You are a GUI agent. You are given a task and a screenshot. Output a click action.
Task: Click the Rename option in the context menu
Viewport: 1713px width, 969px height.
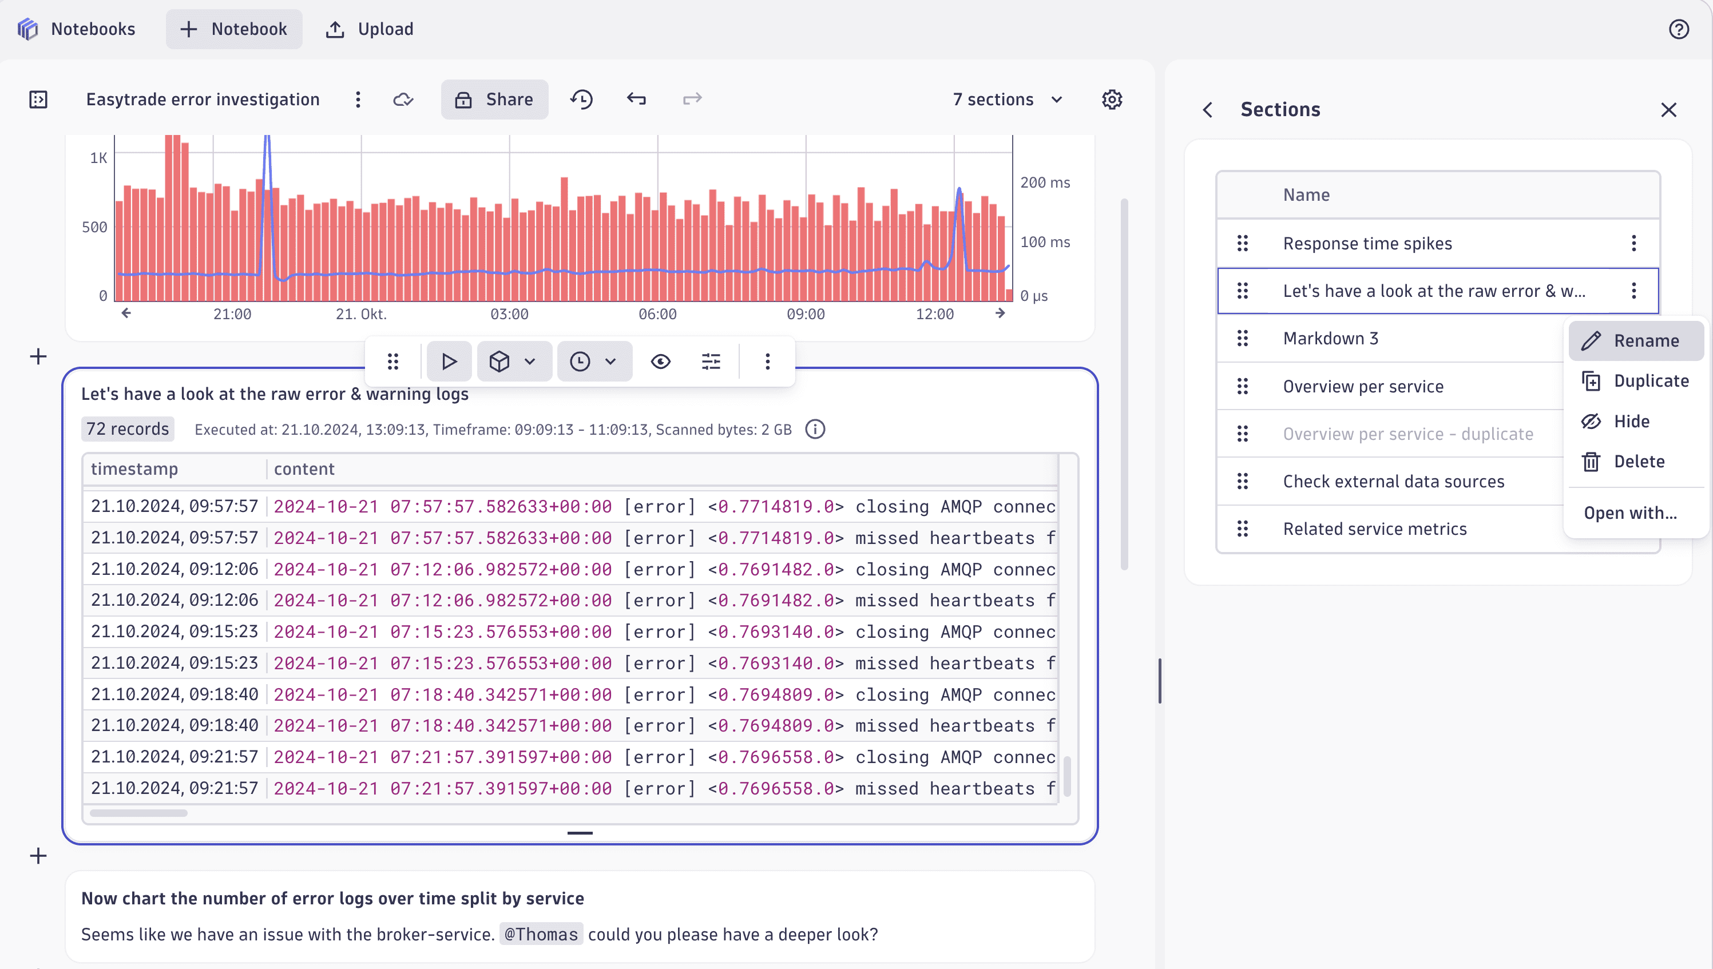click(x=1636, y=341)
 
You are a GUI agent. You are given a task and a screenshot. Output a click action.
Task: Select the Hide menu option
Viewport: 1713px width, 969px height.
click(x=1631, y=421)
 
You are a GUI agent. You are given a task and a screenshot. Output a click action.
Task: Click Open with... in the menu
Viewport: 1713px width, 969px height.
click(x=1630, y=513)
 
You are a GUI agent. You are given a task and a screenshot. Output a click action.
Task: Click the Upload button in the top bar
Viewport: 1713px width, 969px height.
click(x=370, y=29)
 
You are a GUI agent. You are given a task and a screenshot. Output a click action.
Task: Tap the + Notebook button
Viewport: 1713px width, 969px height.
click(x=234, y=29)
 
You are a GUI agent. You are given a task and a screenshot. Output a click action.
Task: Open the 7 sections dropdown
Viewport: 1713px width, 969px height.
click(x=1008, y=100)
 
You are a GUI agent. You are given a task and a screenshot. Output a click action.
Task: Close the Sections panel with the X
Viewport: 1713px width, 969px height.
click(x=1668, y=110)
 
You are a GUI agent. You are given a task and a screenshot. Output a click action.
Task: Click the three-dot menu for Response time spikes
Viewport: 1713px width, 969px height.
click(x=1634, y=244)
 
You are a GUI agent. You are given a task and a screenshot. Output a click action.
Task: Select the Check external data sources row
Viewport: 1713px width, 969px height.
click(x=1393, y=481)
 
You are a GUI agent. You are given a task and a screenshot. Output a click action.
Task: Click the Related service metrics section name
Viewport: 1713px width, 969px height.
click(x=1374, y=529)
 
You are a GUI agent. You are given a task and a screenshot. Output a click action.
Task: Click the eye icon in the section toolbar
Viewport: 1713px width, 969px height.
click(x=660, y=362)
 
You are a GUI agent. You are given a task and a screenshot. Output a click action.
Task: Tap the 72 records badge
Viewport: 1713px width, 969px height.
click(x=128, y=429)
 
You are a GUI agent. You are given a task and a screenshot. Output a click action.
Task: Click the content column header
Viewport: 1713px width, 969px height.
click(x=304, y=469)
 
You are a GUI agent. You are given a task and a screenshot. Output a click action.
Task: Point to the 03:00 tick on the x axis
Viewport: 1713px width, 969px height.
click(x=509, y=314)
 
